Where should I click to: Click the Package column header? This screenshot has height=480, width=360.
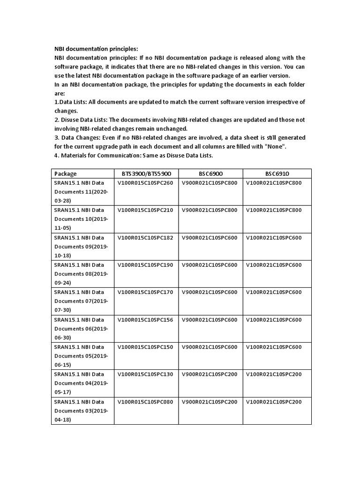pyautogui.click(x=66, y=173)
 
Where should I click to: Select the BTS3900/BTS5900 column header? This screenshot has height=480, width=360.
pyautogui.click(x=146, y=173)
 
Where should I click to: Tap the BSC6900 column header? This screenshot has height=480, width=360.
pyautogui.click(x=210, y=173)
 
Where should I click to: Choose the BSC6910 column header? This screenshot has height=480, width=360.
pyautogui.click(x=274, y=173)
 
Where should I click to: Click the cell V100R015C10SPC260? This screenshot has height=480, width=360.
pyautogui.click(x=145, y=183)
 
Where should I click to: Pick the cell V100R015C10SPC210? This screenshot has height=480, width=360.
pyautogui.click(x=145, y=210)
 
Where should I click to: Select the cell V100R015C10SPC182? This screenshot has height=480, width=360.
pyautogui.click(x=145, y=238)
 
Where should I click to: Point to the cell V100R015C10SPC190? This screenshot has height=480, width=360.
pyautogui.click(x=145, y=265)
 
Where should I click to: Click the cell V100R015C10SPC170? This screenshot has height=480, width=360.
pyautogui.click(x=145, y=292)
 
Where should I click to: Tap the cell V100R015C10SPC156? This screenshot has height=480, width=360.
pyautogui.click(x=145, y=320)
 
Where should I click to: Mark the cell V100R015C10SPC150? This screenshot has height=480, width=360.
pyautogui.click(x=145, y=347)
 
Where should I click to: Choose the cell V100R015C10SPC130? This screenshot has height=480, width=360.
pyautogui.click(x=145, y=375)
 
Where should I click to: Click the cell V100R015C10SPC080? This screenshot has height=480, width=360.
pyautogui.click(x=145, y=402)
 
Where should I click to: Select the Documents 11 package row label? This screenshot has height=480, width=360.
pyautogui.click(x=81, y=191)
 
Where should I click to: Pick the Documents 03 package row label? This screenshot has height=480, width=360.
pyautogui.click(x=81, y=411)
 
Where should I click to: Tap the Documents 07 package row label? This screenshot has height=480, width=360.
pyautogui.click(x=81, y=301)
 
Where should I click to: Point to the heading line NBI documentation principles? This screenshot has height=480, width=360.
pyautogui.click(x=96, y=49)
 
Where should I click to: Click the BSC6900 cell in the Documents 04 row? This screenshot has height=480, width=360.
pyautogui.click(x=210, y=375)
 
